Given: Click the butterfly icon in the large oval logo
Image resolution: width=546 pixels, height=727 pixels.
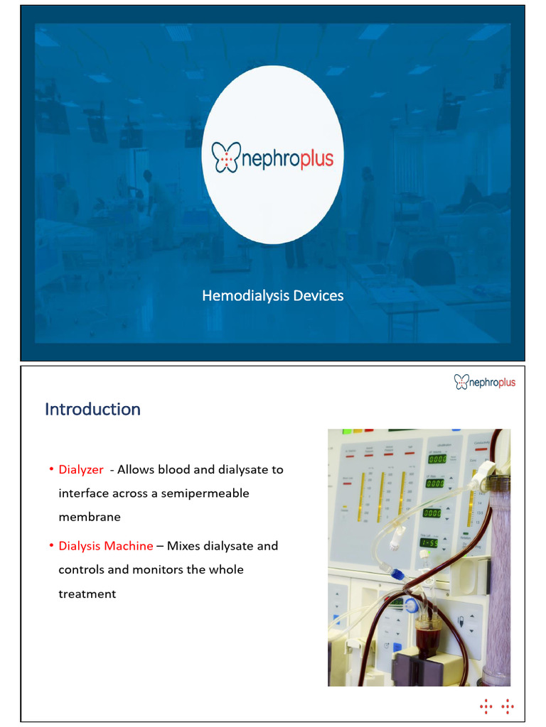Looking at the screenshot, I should point(227,157).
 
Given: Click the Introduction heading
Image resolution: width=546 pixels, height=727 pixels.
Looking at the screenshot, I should point(92,410).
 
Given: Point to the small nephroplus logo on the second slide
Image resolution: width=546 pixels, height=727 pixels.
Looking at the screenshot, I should point(485,383).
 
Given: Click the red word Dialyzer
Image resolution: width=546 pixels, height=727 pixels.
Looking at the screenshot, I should point(81,469).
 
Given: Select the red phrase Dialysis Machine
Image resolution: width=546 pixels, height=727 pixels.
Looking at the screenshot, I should point(106,546).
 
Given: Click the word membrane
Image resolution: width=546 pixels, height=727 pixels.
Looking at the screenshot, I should point(90,517).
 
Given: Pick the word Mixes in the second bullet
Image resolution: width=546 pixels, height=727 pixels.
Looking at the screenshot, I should point(183,546).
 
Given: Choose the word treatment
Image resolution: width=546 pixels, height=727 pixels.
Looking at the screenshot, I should point(87,594).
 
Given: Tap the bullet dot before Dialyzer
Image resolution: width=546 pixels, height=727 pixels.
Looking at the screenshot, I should point(52,470).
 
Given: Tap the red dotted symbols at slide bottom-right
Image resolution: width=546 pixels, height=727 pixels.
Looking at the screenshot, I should point(497,706).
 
